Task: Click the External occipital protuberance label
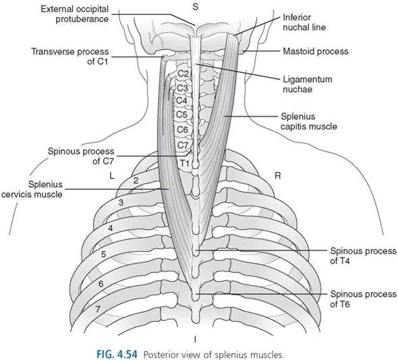75,14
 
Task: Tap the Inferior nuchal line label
304,22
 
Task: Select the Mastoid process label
316,51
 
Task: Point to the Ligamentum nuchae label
308,84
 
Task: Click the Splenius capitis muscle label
309,121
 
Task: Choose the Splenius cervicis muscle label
32,189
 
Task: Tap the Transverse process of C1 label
70,57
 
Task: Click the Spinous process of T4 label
363,256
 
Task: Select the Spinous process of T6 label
363,299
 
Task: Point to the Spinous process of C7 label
81,156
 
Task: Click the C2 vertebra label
183,74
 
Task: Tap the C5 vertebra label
181,115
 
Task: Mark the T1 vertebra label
185,163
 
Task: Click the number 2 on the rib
136,181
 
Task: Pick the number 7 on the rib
98,309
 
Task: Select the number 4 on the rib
111,229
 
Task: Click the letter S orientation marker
195,7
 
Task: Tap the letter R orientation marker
278,175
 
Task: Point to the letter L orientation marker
112,175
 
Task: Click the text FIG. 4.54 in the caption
117,355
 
